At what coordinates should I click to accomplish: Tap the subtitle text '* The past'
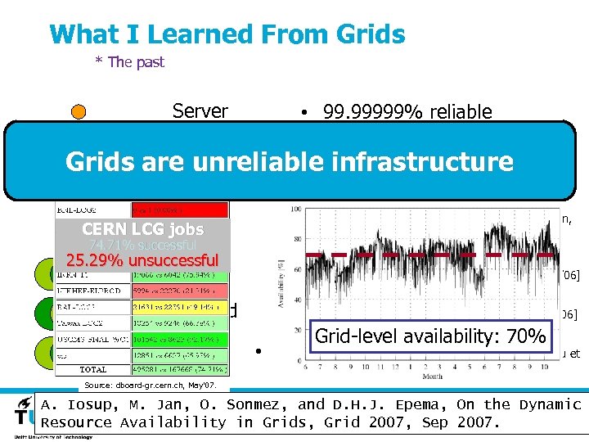(130, 62)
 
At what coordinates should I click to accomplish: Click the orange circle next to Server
(78, 113)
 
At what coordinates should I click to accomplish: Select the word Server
(200, 111)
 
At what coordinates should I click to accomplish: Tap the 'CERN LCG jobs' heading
(143, 229)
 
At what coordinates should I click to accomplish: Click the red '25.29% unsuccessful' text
(143, 261)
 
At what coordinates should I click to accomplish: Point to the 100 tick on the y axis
(295, 210)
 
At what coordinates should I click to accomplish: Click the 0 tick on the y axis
(299, 361)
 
